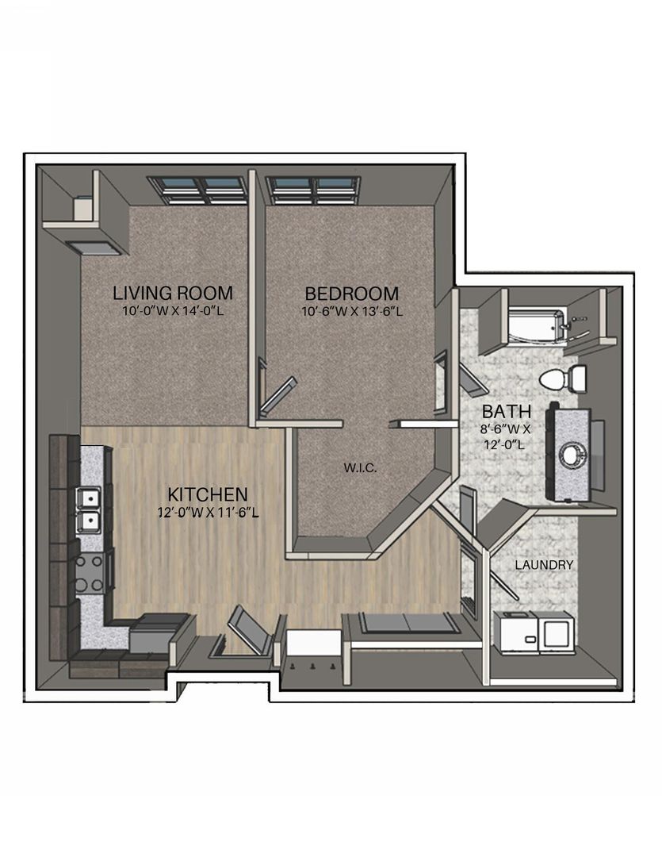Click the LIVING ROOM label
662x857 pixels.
173,293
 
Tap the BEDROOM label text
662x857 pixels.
351,294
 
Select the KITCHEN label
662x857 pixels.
208,494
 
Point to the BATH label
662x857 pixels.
507,410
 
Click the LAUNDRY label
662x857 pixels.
544,565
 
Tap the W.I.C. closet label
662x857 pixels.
361,468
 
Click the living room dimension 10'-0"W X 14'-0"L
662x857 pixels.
173,312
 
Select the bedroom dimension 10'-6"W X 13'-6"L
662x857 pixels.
352,312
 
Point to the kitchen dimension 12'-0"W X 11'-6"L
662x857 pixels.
208,513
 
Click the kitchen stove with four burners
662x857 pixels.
89,574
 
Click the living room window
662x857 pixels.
195,190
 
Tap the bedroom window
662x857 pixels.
313,190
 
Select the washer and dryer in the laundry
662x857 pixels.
534,632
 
